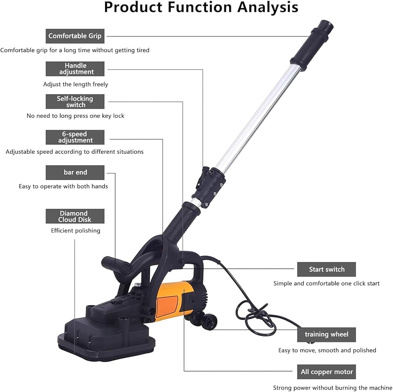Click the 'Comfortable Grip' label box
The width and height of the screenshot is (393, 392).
point(75,36)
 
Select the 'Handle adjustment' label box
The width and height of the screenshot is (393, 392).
point(75,69)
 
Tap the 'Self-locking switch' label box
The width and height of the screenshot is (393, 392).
point(75,101)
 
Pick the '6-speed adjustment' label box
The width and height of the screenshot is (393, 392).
point(75,137)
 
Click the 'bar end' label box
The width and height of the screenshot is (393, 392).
point(75,173)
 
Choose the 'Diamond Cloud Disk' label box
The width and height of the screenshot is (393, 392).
point(75,216)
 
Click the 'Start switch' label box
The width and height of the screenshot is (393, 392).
point(326,269)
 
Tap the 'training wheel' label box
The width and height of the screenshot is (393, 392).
point(326,335)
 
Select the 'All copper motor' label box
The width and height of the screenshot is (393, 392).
point(326,372)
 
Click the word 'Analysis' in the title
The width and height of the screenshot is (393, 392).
point(268,7)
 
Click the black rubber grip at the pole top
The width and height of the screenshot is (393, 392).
point(312,42)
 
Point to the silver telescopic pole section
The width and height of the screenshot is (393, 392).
point(258,118)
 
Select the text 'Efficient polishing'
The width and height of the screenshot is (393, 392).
point(75,231)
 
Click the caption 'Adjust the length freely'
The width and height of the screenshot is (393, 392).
point(75,84)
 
